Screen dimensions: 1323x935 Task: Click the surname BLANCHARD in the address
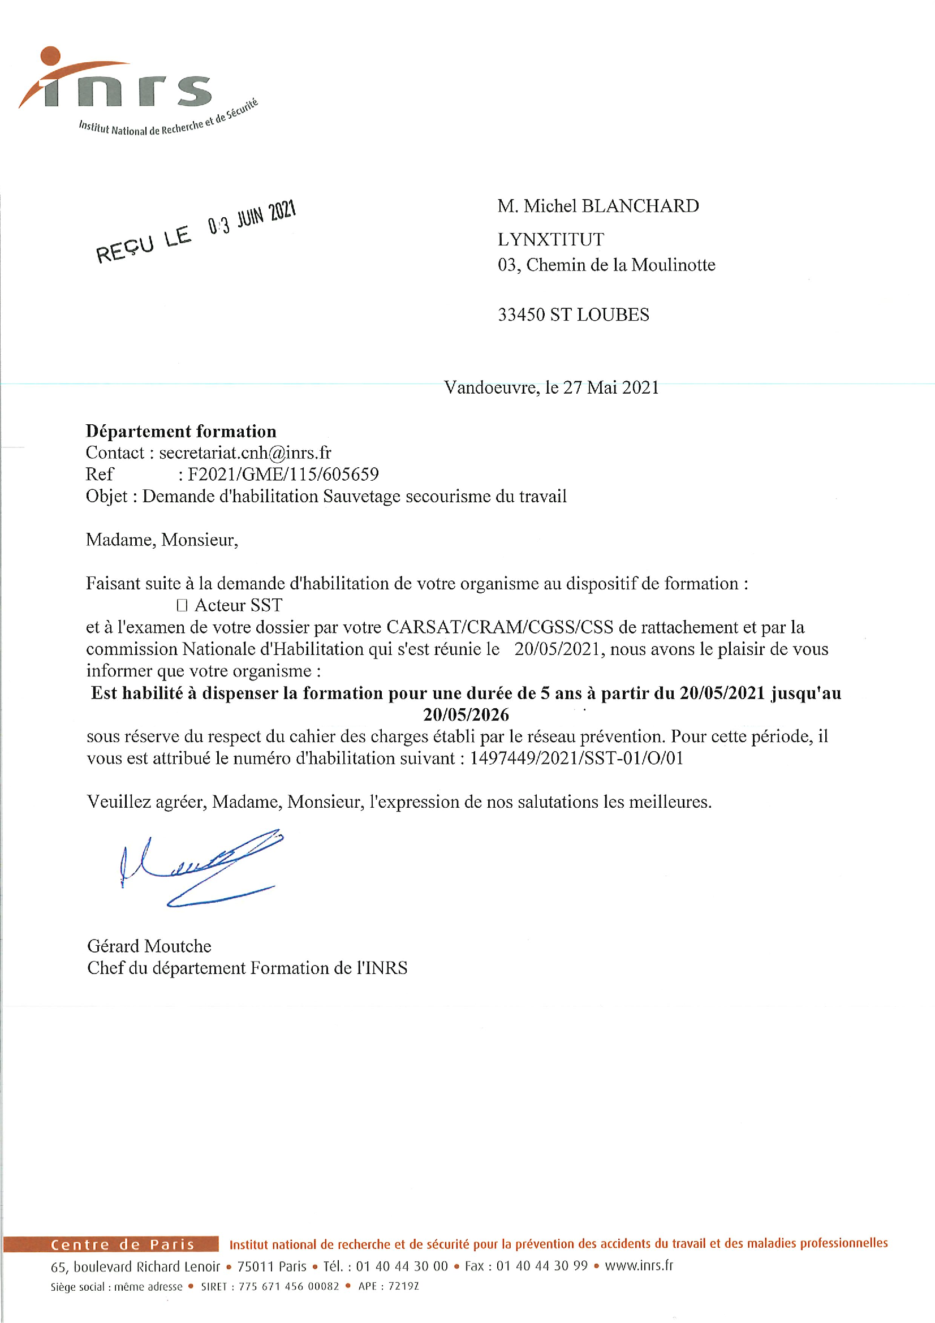click(640, 206)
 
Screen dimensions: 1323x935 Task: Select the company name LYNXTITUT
click(551, 239)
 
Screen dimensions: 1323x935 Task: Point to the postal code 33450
click(521, 314)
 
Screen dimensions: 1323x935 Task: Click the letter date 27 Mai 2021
click(611, 387)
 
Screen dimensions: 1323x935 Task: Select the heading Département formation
click(181, 431)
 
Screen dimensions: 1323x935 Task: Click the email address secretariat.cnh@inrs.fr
click(245, 453)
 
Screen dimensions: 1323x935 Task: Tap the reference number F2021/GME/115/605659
click(283, 474)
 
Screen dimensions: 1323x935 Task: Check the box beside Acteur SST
click(182, 605)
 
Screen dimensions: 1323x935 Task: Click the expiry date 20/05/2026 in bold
click(466, 714)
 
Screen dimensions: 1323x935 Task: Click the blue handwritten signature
click(201, 867)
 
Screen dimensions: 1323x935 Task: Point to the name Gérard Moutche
click(149, 946)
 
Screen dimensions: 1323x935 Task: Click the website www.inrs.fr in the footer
click(638, 1265)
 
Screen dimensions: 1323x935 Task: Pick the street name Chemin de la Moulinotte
click(621, 265)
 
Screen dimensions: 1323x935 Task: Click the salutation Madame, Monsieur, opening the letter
click(162, 540)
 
